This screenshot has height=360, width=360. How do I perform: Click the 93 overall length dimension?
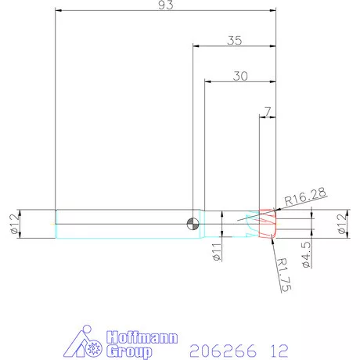pos(165,5)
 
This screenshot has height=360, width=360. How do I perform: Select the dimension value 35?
pos(234,41)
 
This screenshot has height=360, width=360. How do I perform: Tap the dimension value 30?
pos(240,76)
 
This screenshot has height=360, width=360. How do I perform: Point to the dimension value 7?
pos(268,112)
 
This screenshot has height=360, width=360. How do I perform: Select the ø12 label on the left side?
pos(13,224)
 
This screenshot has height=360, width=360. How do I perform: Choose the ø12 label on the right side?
pos(341,224)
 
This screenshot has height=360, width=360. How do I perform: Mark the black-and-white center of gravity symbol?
pos(193,225)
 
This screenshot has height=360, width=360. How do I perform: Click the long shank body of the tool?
pos(117,224)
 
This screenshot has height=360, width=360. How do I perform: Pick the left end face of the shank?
pos(55,224)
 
